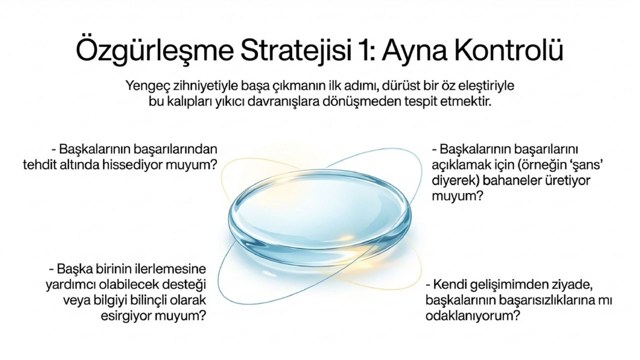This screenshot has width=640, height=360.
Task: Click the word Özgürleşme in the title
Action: coord(154,51)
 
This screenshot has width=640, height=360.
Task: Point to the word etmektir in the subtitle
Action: coord(465,101)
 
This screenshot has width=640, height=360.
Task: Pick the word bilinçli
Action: coord(153,300)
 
